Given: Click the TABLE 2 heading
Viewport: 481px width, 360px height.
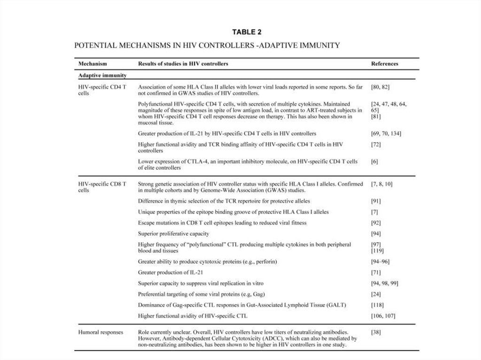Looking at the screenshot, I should [x=247, y=32].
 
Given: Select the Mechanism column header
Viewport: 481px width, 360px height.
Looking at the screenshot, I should [x=93, y=63].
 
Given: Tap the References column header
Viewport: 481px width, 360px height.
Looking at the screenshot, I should [x=384, y=63].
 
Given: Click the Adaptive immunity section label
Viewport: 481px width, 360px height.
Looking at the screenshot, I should [x=102, y=75].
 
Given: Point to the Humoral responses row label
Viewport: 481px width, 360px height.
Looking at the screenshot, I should [x=101, y=332].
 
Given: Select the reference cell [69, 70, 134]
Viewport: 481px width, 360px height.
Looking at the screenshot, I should [x=386, y=133].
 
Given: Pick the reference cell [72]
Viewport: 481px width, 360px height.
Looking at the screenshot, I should [x=376, y=145].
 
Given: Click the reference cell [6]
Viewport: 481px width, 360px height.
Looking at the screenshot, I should [x=374, y=161].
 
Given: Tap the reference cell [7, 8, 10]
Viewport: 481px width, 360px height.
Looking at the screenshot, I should [x=382, y=184].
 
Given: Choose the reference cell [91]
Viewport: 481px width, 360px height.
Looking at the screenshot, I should [x=376, y=201].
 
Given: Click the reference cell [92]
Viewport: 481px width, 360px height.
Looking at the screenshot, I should [x=376, y=222].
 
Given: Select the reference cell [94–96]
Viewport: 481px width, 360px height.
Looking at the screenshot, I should [x=380, y=261].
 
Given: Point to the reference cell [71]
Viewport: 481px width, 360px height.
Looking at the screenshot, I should [x=376, y=272].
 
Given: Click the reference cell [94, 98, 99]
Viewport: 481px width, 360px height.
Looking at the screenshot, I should [x=385, y=283].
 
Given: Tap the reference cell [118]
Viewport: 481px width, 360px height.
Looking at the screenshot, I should [x=377, y=305].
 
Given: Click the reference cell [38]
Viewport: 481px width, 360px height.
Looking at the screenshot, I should [x=376, y=332].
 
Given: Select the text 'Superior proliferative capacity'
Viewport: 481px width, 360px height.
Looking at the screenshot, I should [x=173, y=233].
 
